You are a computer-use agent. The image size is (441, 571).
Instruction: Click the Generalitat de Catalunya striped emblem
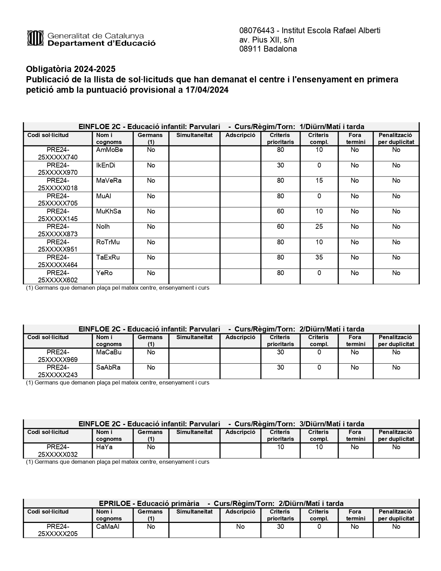pyautogui.click(x=35, y=38)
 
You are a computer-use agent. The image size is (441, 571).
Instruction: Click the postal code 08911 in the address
pyautogui.click(x=250, y=49)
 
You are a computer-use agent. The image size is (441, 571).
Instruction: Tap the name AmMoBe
pyautogui.click(x=109, y=150)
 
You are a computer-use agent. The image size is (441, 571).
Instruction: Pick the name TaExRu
pyautogui.click(x=108, y=257)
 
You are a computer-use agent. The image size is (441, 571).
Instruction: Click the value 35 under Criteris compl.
pyautogui.click(x=319, y=257)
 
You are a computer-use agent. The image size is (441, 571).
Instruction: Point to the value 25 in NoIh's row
pyautogui.click(x=319, y=227)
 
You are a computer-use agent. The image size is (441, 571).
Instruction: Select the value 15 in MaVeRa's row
pyautogui.click(x=319, y=181)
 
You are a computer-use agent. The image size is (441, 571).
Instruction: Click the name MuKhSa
pyautogui.click(x=109, y=211)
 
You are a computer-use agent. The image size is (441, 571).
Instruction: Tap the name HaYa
pyautogui.click(x=104, y=447)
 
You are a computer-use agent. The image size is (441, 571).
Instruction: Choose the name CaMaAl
pyautogui.click(x=108, y=527)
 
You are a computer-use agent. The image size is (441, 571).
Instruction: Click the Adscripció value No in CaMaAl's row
pyautogui.click(x=240, y=527)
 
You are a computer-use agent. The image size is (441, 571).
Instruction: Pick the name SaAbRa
pyautogui.click(x=108, y=368)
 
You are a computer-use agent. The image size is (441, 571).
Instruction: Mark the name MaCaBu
pyautogui.click(x=109, y=352)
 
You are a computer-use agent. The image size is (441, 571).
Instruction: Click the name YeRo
pyautogui.click(x=104, y=273)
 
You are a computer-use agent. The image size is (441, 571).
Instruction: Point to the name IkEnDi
pyautogui.click(x=105, y=165)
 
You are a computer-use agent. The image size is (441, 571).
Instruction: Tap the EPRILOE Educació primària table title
pyautogui.click(x=221, y=504)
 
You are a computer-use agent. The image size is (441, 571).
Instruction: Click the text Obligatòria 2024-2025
pyautogui.click(x=71, y=69)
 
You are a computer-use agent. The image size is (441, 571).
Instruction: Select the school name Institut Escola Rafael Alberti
pyautogui.click(x=332, y=30)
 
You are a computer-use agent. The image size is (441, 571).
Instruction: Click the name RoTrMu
pyautogui.click(x=108, y=242)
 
